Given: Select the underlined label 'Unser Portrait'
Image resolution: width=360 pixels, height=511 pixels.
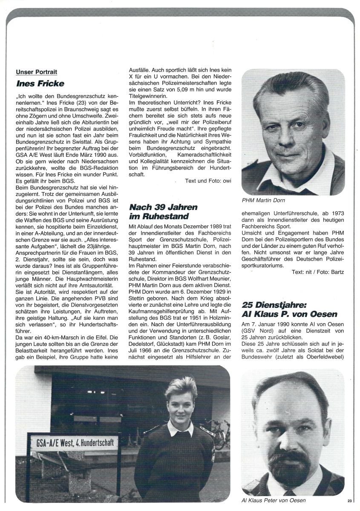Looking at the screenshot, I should click(x=36, y=72).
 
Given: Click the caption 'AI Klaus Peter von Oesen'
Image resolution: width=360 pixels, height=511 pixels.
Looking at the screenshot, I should click(x=273, y=500).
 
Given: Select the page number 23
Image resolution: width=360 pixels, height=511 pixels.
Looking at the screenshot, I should click(x=349, y=500).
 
